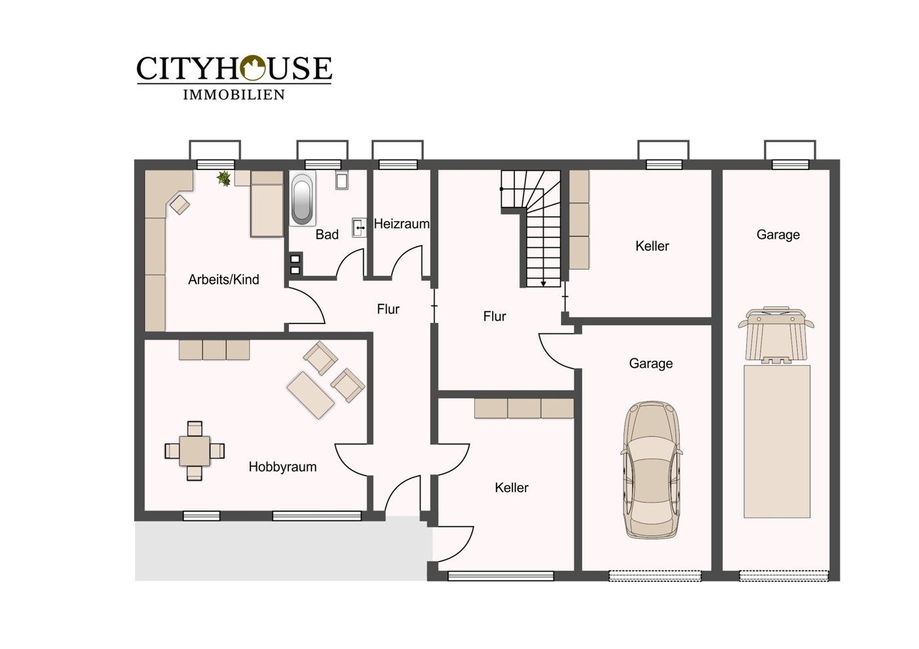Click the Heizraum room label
pyautogui.click(x=401, y=224)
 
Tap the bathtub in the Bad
pyautogui.click(x=302, y=198)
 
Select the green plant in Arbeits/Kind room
pyautogui.click(x=223, y=178)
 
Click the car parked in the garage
pyautogui.click(x=652, y=470)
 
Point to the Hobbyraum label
pyautogui.click(x=282, y=467)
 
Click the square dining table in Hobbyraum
pyautogui.click(x=194, y=451)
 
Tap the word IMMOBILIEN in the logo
pyautogui.click(x=234, y=94)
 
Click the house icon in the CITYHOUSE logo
pyautogui.click(x=252, y=68)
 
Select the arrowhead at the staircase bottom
pyautogui.click(x=543, y=283)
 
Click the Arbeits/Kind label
pyautogui.click(x=223, y=280)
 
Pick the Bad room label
pyautogui.click(x=327, y=234)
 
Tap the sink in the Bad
pyautogui.click(x=359, y=228)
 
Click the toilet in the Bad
pyautogui.click(x=342, y=180)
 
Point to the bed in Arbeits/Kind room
pyautogui.click(x=267, y=204)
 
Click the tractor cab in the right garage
pyautogui.click(x=776, y=335)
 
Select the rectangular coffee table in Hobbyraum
pyautogui.click(x=311, y=395)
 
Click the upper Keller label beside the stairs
pyautogui.click(x=652, y=246)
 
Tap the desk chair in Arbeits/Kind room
pyautogui.click(x=180, y=205)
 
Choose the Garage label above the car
pyautogui.click(x=651, y=364)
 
